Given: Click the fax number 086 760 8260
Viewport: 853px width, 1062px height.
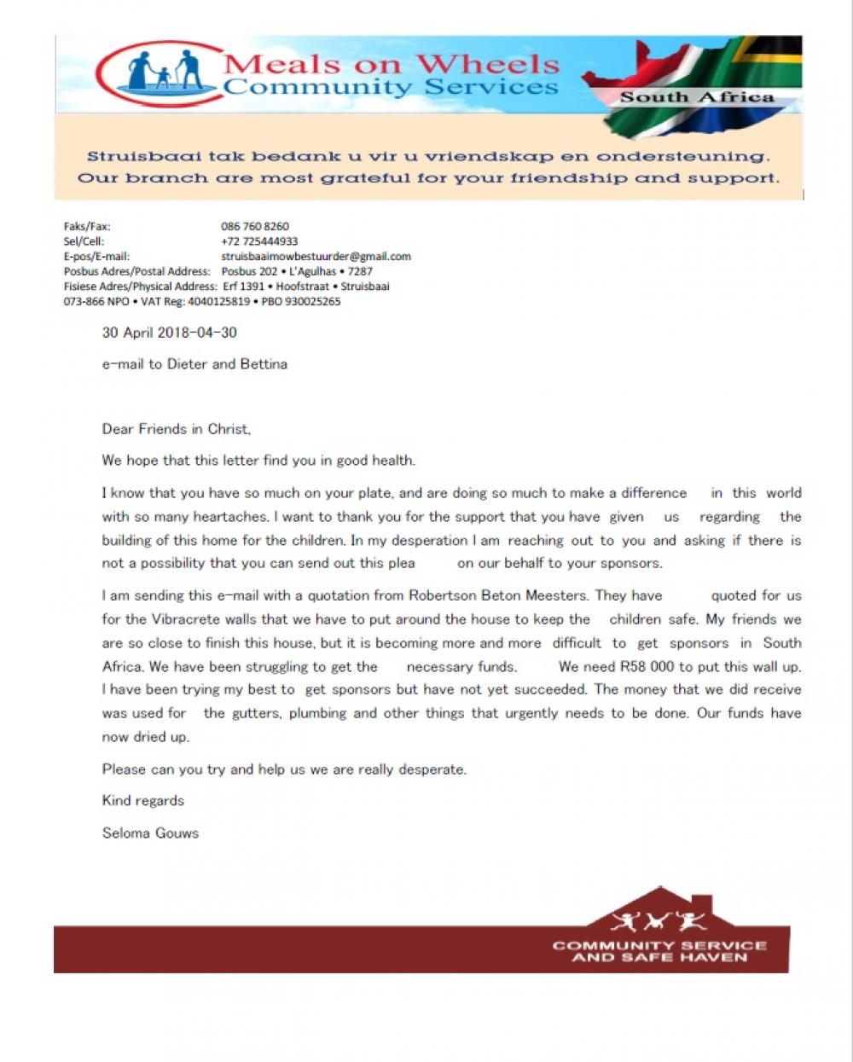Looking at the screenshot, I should point(254,226).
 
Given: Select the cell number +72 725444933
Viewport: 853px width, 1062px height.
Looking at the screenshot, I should point(259,241).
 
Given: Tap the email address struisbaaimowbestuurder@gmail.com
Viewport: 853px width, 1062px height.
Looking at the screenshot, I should point(316,256).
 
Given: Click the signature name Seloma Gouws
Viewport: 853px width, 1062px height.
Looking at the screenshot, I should point(150,833).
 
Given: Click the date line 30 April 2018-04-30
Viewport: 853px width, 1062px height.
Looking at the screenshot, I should point(169,333).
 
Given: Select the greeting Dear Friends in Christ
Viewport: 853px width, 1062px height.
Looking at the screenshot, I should point(176,429).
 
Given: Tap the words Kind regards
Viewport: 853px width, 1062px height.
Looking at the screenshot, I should point(142,800).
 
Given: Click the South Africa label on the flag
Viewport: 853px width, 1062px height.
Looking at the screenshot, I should point(696,97).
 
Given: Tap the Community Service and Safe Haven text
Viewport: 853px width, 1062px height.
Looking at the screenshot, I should point(659,951).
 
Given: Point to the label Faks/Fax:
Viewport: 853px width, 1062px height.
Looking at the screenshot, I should point(87,226).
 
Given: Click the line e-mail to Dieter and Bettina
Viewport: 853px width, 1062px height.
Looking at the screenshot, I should point(194,364).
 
